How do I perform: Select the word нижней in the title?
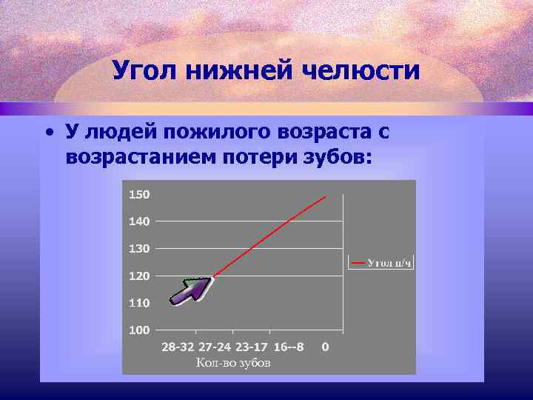[247, 71]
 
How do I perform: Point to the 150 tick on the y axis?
[139, 195]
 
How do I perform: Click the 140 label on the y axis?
[139, 221]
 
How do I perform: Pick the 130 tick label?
[139, 249]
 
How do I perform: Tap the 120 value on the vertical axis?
[139, 276]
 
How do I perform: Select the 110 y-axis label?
[139, 303]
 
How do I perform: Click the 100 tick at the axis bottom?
[139, 330]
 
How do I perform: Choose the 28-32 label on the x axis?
[178, 347]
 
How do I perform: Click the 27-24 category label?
[215, 347]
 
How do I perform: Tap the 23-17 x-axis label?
[252, 347]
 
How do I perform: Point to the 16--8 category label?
[288, 347]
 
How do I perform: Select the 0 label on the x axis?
[326, 347]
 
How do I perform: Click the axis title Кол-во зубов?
[233, 363]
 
